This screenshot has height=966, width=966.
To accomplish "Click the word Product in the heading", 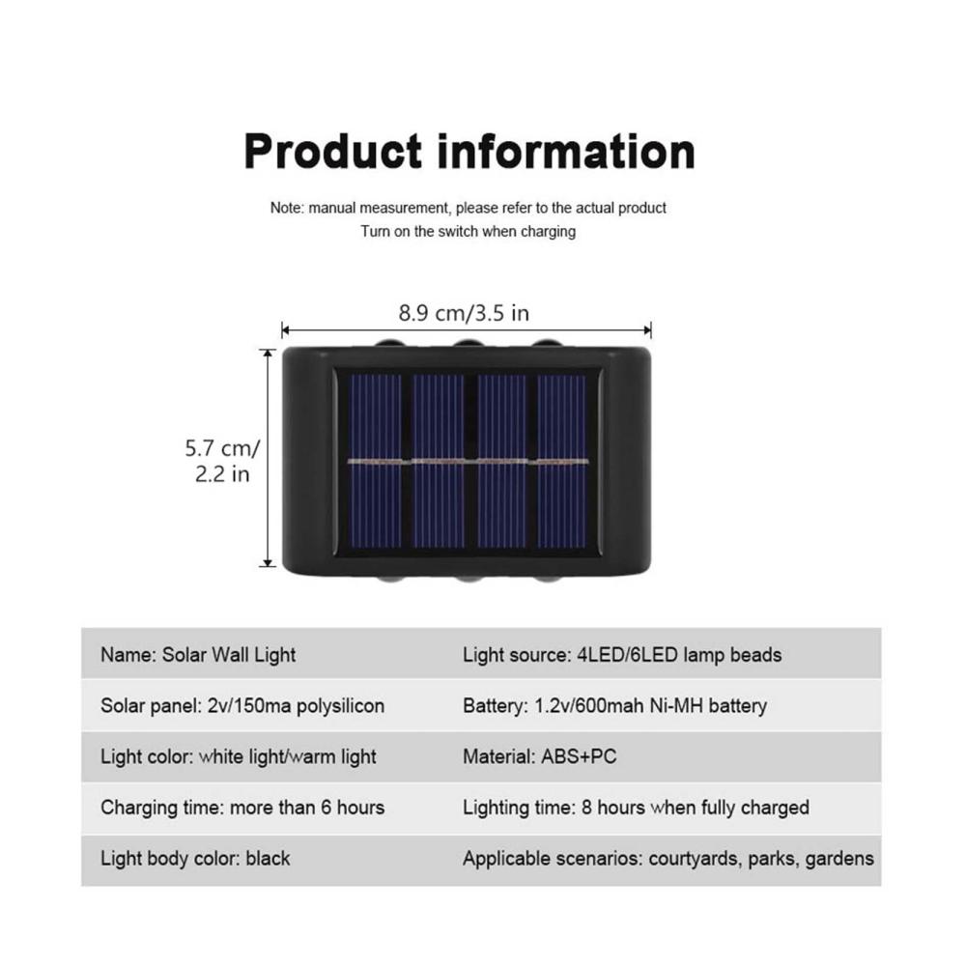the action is coord(333,151).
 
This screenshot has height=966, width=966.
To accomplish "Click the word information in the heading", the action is coord(566,151).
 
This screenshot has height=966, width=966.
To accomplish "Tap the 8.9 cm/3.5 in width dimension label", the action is coord(464,313).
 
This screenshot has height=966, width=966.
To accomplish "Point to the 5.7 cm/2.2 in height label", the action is coord(222,461).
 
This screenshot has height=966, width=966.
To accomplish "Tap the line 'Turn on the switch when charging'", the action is coord(469,232).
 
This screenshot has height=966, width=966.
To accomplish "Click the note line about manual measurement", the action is coord(469,209).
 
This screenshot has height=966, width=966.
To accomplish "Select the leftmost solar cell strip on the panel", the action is coord(374,462).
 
